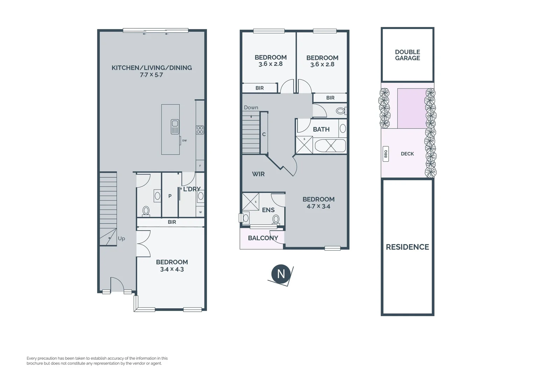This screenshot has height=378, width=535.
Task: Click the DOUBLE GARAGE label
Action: coord(407,55)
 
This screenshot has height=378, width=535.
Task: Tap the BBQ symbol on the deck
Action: coord(386,154)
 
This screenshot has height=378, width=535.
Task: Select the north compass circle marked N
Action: coord(280,274)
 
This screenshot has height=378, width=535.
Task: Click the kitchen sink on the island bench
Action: coord(175,127)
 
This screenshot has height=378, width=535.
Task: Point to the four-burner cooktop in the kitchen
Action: coord(200,130)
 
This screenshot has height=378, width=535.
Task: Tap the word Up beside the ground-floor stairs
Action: coord(121,238)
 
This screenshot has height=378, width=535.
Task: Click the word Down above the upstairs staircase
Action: coord(251,107)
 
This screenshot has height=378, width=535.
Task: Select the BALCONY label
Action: coord(263,238)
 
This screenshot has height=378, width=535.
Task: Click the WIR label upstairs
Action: coord(258,174)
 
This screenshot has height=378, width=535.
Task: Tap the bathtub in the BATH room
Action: coord(330,146)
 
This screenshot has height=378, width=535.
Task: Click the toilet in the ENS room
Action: coord(276,219)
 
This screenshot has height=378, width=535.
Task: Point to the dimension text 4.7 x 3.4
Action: coord(318,206)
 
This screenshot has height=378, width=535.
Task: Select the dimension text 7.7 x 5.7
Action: coord(151,75)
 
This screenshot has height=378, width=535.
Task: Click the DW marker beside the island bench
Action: coord(184,140)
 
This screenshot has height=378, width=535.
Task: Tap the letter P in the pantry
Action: coord(170,196)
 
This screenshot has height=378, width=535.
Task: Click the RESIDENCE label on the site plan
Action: coord(407,247)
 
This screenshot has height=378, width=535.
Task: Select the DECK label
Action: coord(407,154)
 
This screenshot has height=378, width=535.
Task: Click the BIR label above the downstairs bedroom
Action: coord(172,222)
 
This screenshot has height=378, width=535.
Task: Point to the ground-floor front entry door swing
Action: coord(117,284)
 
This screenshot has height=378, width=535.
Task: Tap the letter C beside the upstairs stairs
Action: coord(264,134)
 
